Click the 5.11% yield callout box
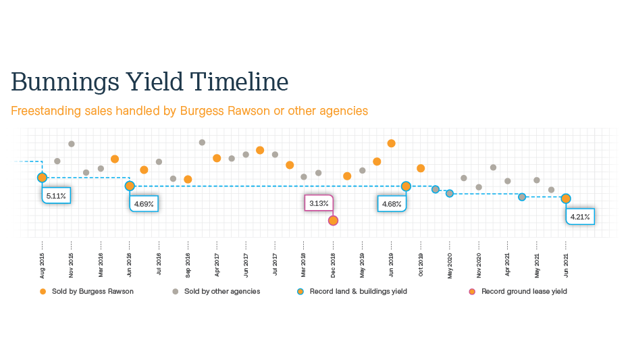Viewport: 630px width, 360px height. coord(57,196)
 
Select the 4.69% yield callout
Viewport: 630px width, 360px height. coord(143,203)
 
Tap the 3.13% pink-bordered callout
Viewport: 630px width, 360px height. coord(319,203)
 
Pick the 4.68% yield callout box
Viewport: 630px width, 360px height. coord(392,203)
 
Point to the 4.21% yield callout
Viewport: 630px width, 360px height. coord(580,217)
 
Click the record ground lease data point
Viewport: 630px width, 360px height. coord(333,220)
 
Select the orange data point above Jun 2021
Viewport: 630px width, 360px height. coord(566,199)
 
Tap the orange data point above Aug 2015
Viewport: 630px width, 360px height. coord(42,177)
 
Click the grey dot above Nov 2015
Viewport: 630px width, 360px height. coord(72,144)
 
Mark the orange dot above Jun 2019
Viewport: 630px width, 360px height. coord(391,143)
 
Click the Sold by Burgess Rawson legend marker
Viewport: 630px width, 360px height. coord(43,292)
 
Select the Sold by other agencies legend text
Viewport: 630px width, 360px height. coord(222,292)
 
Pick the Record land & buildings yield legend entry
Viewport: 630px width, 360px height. coord(358,292)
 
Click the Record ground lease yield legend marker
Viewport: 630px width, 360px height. coord(472,292)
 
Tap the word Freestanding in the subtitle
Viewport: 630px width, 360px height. coord(42,111)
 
